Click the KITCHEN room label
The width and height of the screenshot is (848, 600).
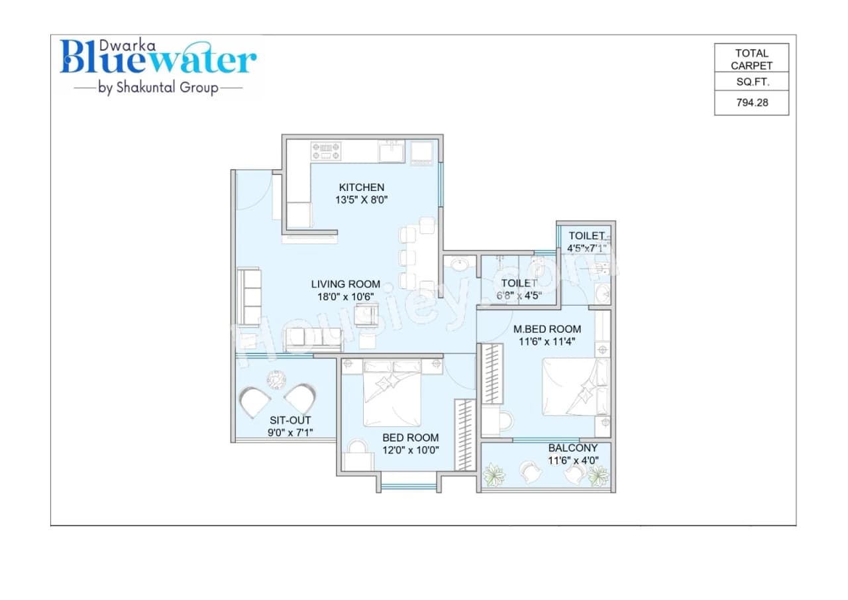pos(361,188)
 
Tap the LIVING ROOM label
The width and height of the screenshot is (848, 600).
pos(346,284)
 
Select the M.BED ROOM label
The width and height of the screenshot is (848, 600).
pos(547,329)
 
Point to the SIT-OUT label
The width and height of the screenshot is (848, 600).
pos(290,420)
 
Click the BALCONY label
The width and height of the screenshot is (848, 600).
pos(573,448)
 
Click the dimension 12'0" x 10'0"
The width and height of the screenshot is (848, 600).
pos(410,450)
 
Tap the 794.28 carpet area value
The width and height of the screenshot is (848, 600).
pos(752,103)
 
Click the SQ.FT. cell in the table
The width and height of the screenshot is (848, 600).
pos(752,82)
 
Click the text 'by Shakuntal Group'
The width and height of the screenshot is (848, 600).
pos(158,88)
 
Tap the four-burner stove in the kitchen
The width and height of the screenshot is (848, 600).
pos(326,150)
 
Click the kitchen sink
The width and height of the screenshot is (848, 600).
pos(392,152)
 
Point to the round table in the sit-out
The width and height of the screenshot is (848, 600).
pos(275,380)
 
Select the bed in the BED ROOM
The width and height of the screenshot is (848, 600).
pos(392,394)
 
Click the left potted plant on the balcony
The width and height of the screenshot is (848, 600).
pos(494,475)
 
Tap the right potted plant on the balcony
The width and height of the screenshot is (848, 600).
pos(598,475)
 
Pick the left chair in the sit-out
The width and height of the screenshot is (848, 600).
pos(255,402)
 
